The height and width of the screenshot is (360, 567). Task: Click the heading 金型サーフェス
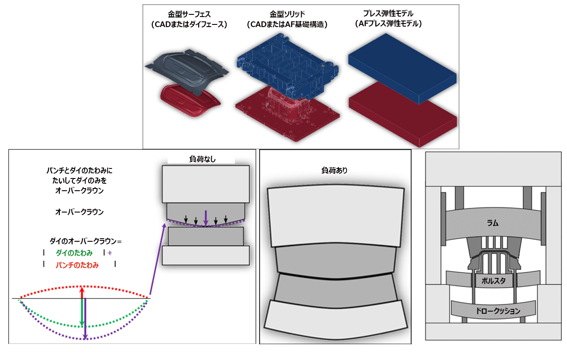(x=189, y=14)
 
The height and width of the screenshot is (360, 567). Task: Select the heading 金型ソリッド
(x=287, y=14)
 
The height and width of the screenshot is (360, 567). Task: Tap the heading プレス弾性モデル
(x=388, y=14)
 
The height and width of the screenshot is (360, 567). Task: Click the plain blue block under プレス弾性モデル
(x=402, y=69)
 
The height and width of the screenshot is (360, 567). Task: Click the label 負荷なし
(x=202, y=159)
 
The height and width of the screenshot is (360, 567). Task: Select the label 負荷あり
(x=334, y=171)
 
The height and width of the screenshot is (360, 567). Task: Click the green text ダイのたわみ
(x=74, y=253)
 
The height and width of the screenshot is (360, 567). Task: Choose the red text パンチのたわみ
(x=77, y=265)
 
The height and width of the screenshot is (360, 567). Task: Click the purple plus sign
(x=110, y=253)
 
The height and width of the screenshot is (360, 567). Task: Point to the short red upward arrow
(x=82, y=293)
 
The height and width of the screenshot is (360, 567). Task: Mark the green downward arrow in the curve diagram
(x=82, y=312)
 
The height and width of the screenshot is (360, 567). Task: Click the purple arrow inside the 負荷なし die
(x=206, y=218)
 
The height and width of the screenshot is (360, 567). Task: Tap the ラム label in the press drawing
(x=493, y=223)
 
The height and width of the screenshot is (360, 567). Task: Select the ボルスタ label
(x=493, y=281)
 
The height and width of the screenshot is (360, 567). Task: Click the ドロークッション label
(x=498, y=311)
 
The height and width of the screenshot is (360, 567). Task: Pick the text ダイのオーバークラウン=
(x=86, y=241)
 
